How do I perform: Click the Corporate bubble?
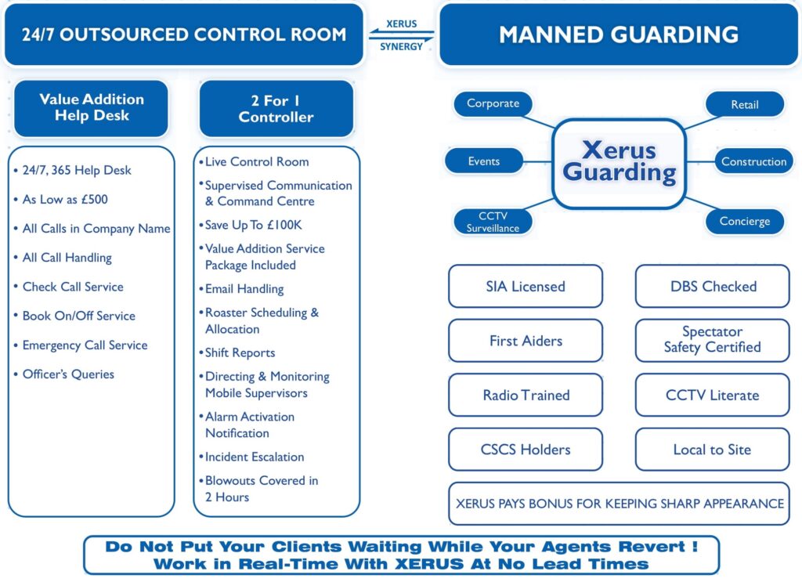(x=493, y=103)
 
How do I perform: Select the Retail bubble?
(x=744, y=104)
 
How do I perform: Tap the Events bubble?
(x=484, y=161)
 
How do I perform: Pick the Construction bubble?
(x=753, y=161)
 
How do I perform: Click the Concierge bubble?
(x=744, y=221)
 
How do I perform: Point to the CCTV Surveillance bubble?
(x=493, y=222)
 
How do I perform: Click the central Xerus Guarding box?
(x=619, y=163)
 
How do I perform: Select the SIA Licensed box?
(x=526, y=286)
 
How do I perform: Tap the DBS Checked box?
(x=713, y=286)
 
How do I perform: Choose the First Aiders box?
(x=526, y=341)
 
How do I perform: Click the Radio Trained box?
(x=526, y=395)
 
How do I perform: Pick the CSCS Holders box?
(x=526, y=450)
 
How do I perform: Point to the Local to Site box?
(x=712, y=450)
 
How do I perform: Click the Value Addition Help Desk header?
(x=92, y=108)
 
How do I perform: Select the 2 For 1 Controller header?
(x=276, y=109)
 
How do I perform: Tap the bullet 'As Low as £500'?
(x=65, y=200)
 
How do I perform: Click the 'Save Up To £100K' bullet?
(x=253, y=225)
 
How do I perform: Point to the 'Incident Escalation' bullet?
(x=254, y=457)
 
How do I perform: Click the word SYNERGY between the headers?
(x=401, y=47)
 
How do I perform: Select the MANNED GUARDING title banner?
(x=619, y=35)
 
